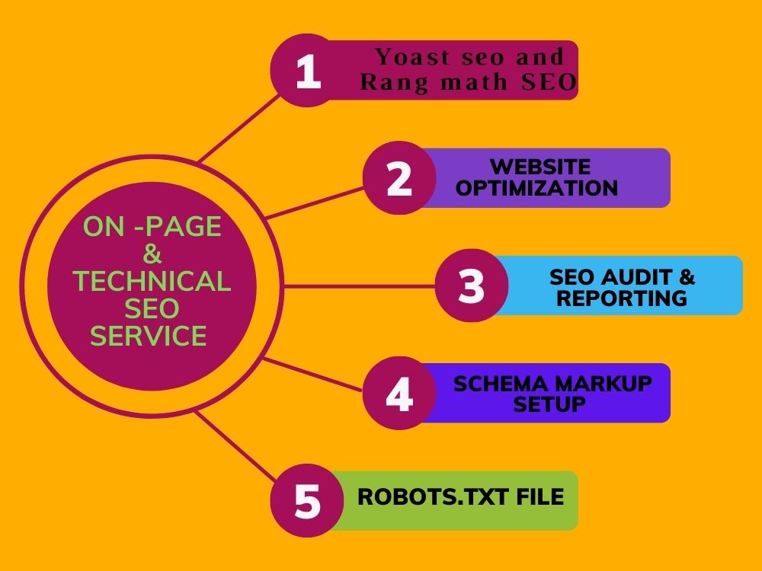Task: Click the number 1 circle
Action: [307, 70]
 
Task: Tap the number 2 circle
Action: [399, 177]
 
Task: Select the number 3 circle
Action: [472, 285]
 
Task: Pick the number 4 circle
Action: [399, 393]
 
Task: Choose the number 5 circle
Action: [307, 500]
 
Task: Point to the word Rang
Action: [395, 81]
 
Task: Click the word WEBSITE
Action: [540, 167]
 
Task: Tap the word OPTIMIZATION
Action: [537, 188]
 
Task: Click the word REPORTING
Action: [622, 298]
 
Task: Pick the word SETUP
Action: [549, 404]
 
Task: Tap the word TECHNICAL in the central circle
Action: [152, 281]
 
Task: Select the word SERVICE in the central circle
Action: [149, 336]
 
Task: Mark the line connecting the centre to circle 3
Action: [360, 286]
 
